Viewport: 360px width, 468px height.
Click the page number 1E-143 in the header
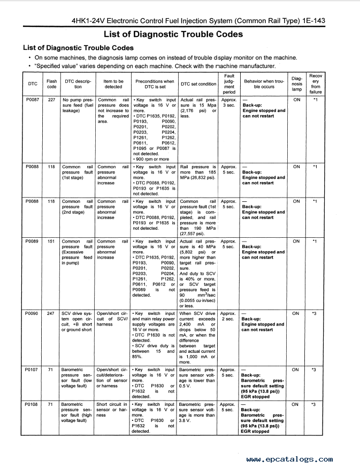310,21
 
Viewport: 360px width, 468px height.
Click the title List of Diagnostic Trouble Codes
173,34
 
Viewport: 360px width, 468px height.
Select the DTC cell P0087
32,100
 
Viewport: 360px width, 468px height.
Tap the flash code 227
51,100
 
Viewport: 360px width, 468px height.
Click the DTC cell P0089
32,241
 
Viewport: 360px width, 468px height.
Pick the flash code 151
51,241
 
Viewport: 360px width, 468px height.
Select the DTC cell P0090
32,314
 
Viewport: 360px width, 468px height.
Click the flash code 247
51,314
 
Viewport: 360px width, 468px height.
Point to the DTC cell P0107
32,370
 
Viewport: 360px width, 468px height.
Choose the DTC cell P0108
32,405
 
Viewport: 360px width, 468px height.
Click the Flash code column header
52,84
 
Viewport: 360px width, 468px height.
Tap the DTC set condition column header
198,84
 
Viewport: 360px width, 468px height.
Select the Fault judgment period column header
229,84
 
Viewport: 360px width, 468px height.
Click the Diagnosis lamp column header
296,84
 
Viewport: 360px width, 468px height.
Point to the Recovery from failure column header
316,84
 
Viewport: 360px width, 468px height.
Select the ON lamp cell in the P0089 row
296,241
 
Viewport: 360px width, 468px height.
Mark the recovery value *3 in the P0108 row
316,405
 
